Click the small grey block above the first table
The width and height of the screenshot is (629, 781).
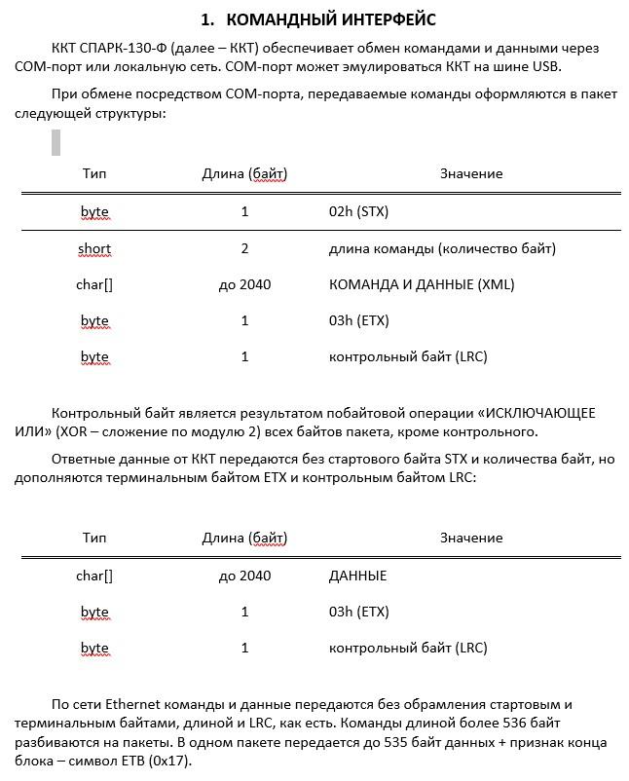point(55,142)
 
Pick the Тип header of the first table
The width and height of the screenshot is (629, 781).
point(94,173)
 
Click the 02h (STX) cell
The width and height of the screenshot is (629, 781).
point(359,211)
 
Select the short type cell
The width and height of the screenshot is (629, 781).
point(94,248)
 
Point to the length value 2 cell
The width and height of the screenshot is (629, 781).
point(244,248)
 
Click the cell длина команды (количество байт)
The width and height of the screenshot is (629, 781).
point(442,248)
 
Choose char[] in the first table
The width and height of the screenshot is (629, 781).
point(94,284)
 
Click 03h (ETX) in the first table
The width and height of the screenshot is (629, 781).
point(359,320)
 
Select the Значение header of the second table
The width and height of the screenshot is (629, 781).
point(470,538)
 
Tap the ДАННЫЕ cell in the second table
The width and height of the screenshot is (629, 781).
point(357,576)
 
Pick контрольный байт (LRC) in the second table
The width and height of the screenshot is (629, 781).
point(408,648)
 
